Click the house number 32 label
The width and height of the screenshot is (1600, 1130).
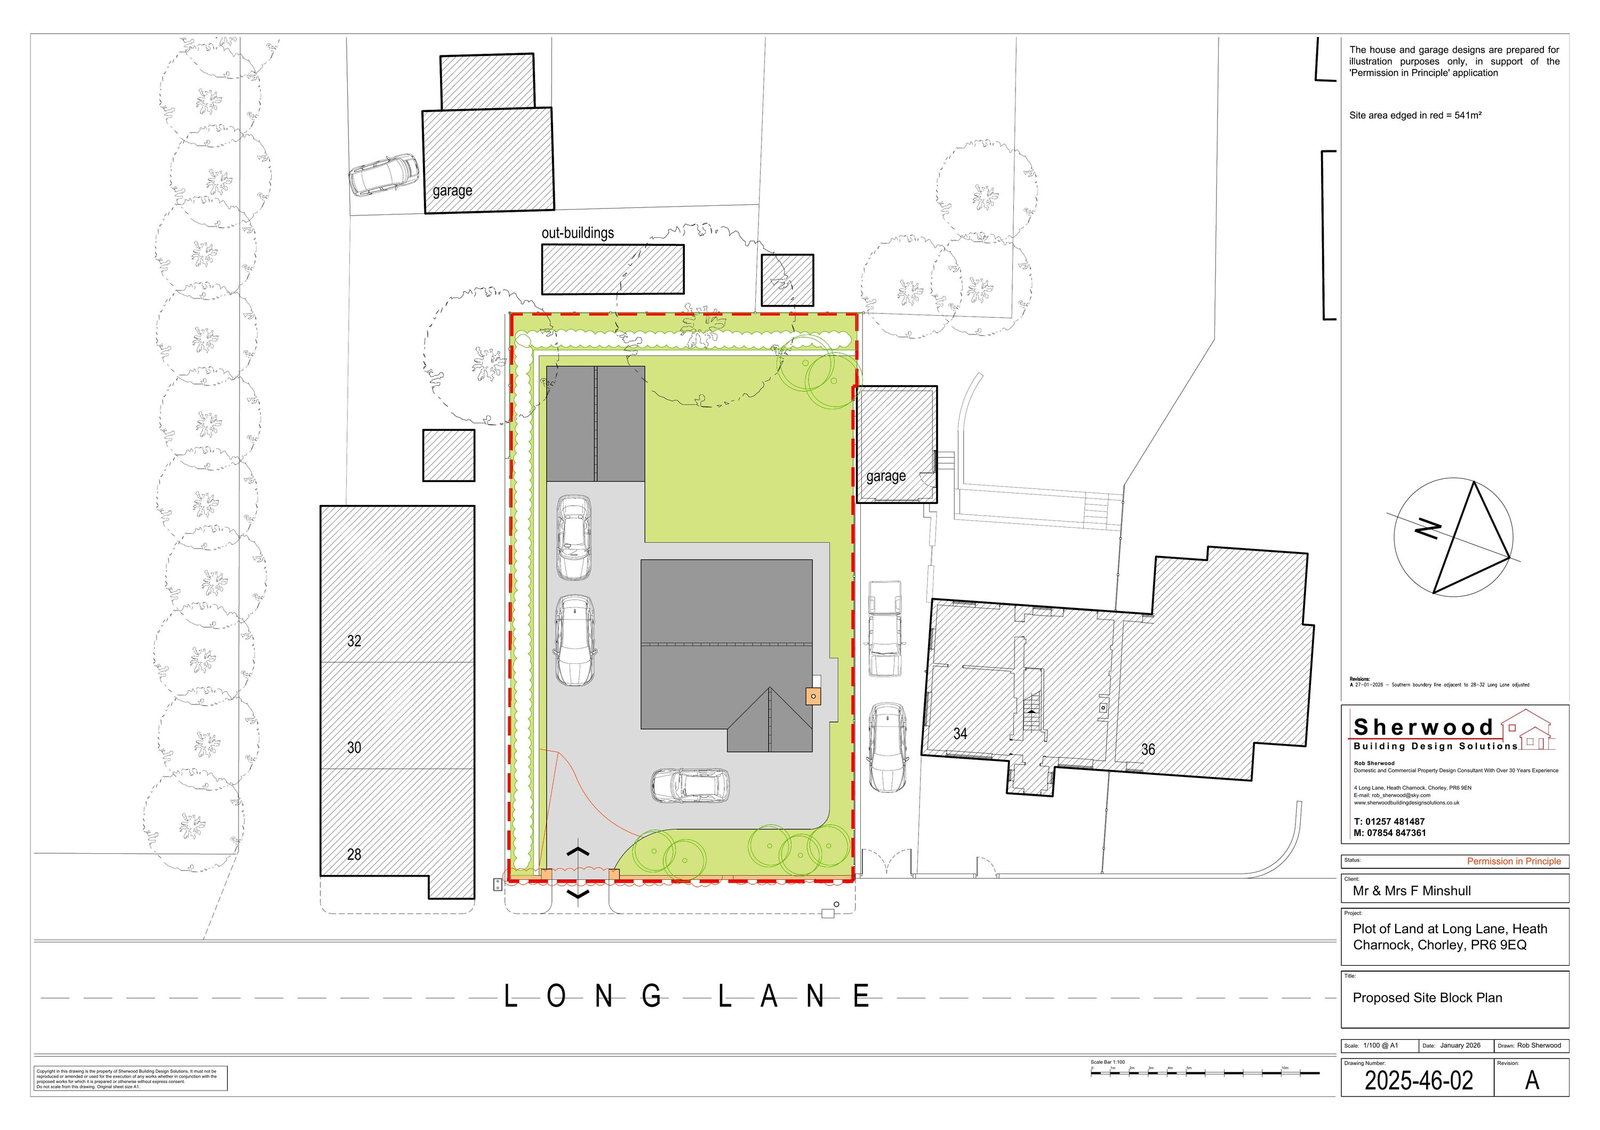(354, 641)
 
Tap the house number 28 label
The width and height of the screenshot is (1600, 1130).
(354, 854)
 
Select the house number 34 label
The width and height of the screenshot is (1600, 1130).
(961, 734)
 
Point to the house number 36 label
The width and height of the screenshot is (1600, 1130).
(1148, 750)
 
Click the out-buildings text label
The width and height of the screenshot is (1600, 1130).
(578, 233)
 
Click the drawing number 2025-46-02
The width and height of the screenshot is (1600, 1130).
(1419, 1080)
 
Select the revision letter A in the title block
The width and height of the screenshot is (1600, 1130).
(1532, 1080)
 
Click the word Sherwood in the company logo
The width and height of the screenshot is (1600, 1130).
(1423, 727)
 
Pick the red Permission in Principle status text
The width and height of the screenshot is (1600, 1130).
(1514, 861)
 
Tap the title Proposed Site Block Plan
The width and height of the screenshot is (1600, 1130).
(1427, 998)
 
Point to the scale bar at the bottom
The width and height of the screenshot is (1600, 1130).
(1204, 1073)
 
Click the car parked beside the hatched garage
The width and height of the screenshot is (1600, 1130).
(384, 174)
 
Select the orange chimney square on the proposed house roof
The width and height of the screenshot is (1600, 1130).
(813, 696)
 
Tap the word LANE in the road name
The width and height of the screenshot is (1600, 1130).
(795, 997)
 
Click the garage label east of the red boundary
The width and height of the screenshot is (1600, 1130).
(886, 477)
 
